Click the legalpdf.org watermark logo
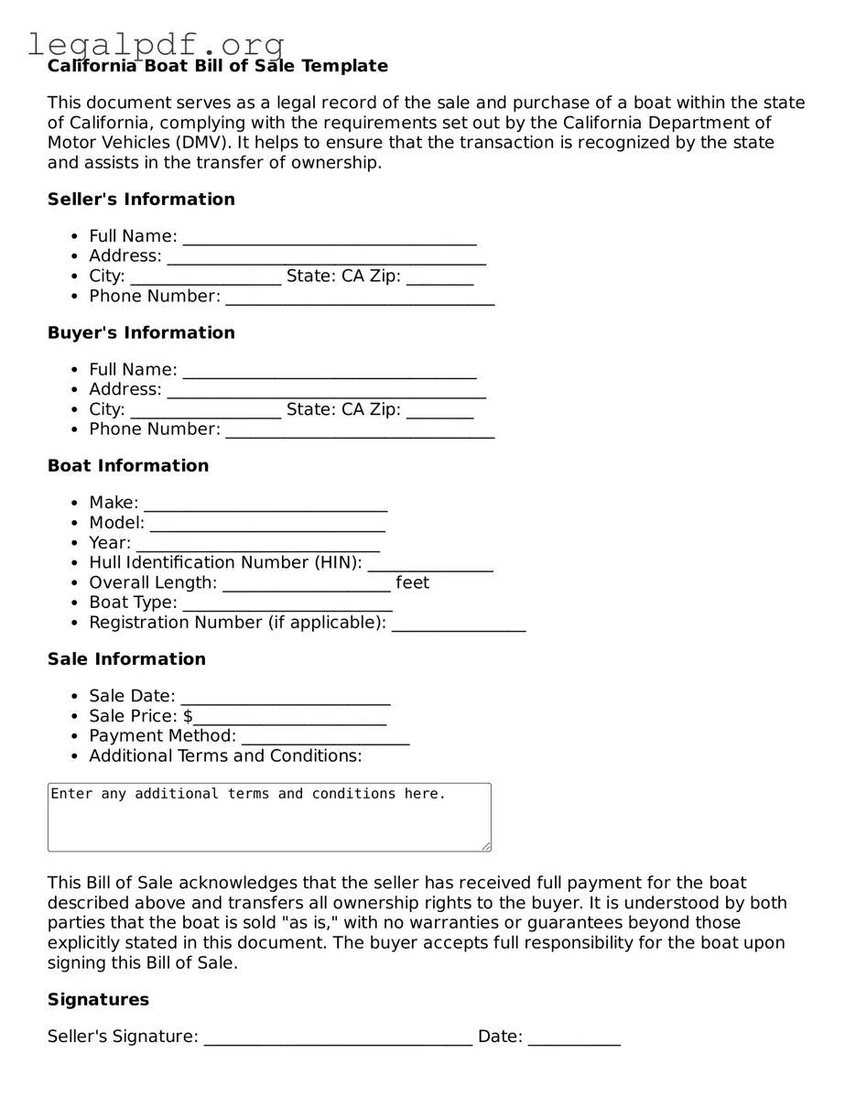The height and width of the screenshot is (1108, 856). (156, 43)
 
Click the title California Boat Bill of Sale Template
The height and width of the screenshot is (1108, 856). (218, 66)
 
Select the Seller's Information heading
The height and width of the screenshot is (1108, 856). (141, 200)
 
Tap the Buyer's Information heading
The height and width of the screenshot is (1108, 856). (141, 332)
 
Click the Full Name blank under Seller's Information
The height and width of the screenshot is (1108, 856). (330, 237)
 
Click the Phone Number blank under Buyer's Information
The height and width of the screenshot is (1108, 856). (360, 430)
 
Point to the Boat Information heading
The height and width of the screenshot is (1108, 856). (128, 466)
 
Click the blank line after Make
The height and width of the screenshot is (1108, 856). (265, 504)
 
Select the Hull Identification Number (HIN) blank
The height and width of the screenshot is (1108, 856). (430, 564)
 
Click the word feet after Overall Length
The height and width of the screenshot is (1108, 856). (412, 583)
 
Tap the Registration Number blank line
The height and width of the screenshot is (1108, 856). (459, 624)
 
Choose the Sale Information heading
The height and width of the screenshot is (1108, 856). (126, 659)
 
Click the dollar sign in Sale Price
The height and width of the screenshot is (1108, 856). (188, 716)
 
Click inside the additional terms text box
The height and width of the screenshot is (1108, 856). (269, 817)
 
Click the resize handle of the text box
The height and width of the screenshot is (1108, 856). (486, 846)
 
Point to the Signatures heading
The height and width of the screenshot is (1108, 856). (98, 1000)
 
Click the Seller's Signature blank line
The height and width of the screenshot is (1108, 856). (338, 1037)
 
